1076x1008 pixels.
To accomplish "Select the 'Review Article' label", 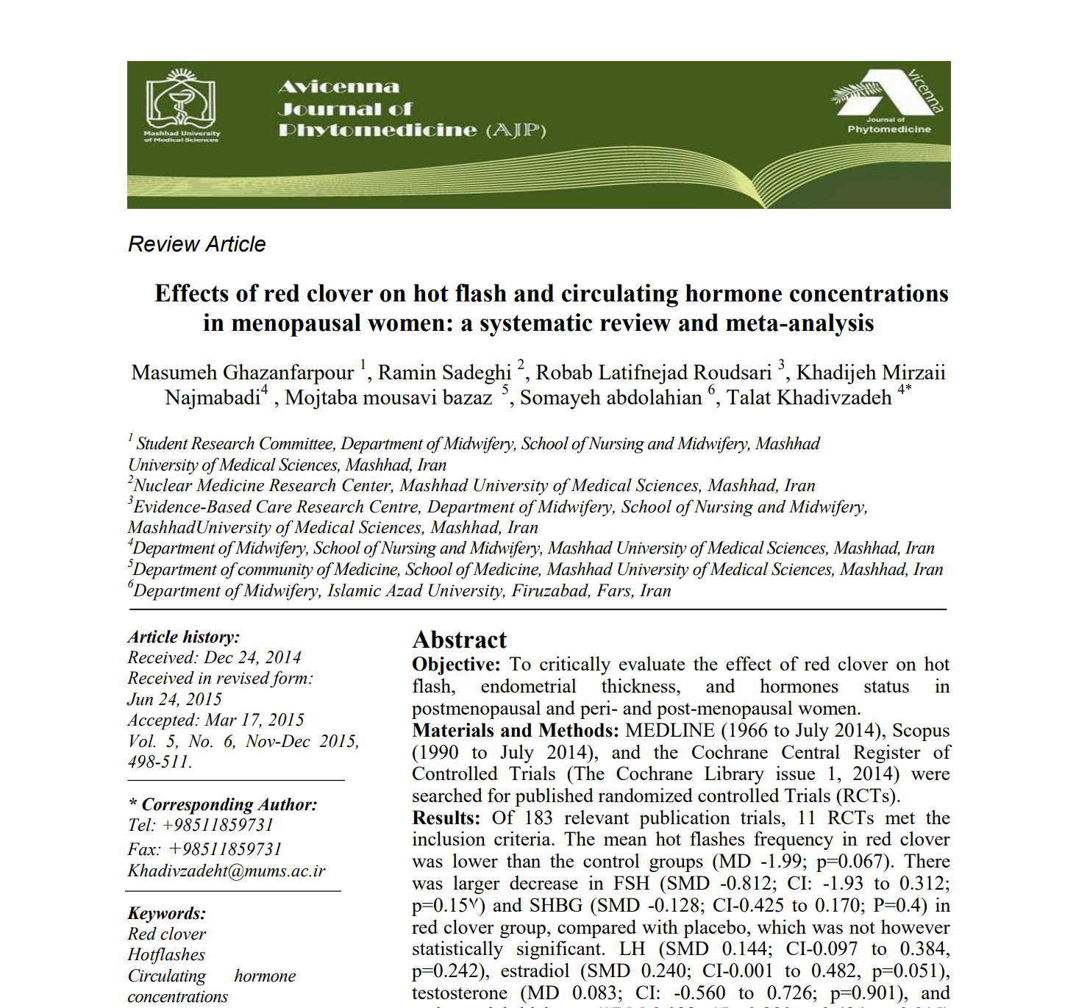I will coord(197,244).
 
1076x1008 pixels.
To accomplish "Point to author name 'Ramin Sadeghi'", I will coord(444,373).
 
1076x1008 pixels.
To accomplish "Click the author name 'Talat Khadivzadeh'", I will coord(809,398).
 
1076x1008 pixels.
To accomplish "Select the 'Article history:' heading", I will coord(184,637).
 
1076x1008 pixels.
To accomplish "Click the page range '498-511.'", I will coord(160,762).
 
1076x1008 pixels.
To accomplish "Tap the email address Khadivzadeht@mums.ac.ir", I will coord(227,871).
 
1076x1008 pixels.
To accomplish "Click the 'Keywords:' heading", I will coord(167,913).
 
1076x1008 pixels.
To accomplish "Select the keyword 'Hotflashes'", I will coord(166,954).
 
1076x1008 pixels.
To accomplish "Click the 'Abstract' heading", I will coord(460,640).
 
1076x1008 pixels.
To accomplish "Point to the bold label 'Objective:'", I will coord(456,665).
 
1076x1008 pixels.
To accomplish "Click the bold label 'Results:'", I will coord(446,818).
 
